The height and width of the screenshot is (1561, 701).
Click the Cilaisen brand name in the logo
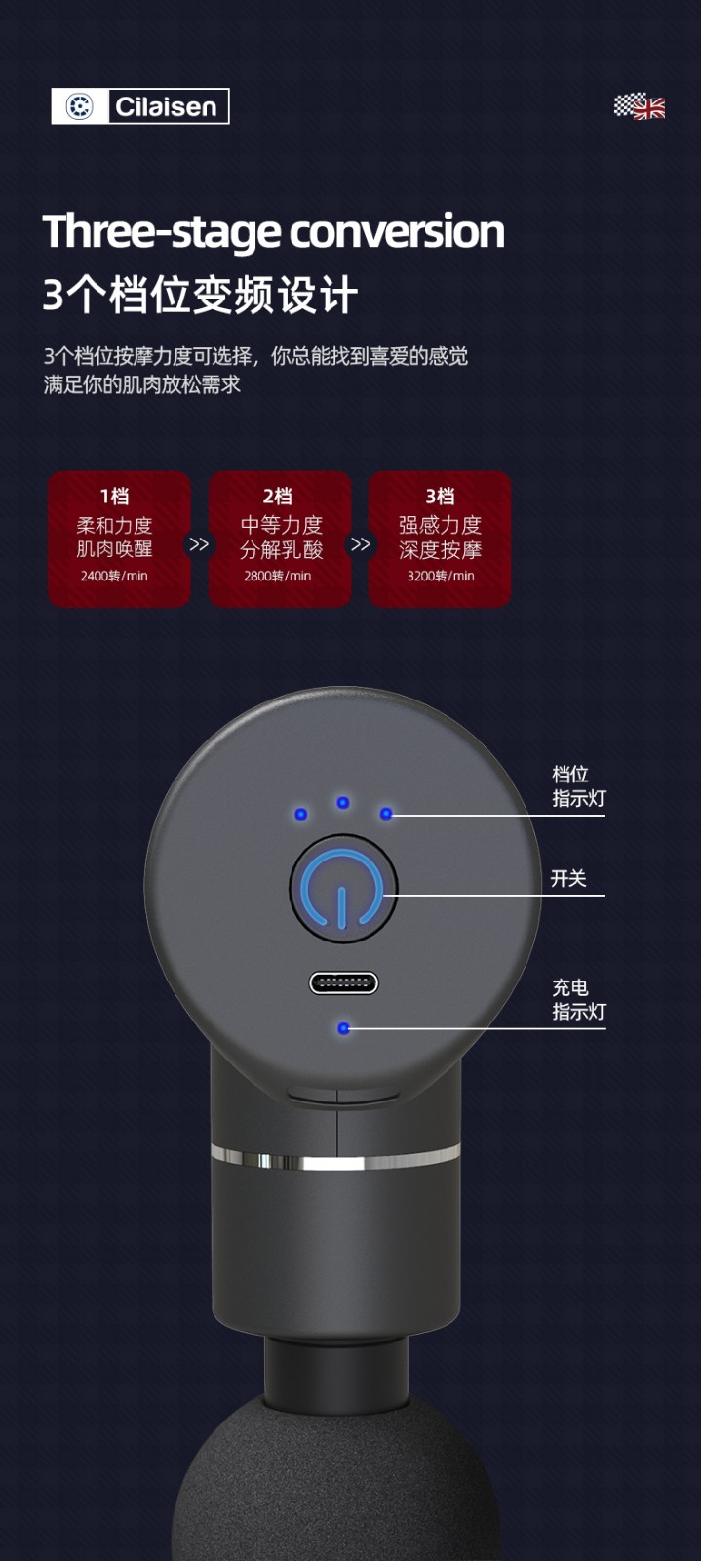point(166,106)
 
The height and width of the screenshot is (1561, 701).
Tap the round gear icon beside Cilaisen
point(79,106)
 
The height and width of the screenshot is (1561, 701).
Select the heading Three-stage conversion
point(273,231)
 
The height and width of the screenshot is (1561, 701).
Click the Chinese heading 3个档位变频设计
point(200,295)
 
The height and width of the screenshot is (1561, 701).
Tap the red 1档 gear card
point(119,539)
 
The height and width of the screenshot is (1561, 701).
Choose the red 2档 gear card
point(280,539)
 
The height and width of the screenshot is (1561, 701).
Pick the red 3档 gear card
point(440,539)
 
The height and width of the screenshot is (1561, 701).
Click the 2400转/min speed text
point(114,577)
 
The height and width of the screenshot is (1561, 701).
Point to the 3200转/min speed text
point(441,577)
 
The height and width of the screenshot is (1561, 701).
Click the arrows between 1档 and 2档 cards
point(199,544)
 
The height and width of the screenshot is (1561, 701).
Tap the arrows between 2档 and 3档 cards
point(360,544)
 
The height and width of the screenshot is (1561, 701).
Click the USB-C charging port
point(344,983)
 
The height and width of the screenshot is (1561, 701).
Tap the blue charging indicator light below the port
point(343,1028)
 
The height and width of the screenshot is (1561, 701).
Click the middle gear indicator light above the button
point(343,803)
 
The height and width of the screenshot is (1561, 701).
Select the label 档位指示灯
point(579,786)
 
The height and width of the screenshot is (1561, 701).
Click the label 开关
point(568,878)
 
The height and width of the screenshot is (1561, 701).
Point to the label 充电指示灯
point(579,999)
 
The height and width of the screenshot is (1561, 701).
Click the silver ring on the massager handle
point(335,1156)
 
